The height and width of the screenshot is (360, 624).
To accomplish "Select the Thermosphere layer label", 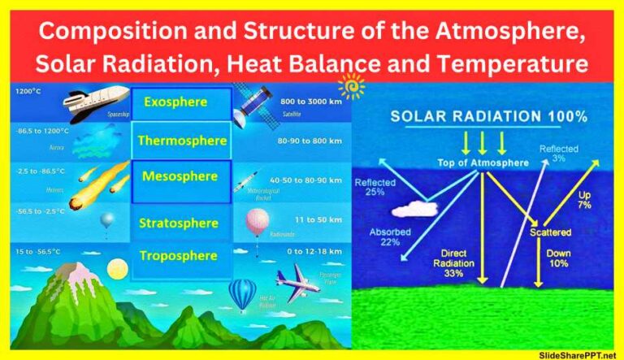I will pos(181,141).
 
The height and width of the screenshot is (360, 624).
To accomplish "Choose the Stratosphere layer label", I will pos(179,223).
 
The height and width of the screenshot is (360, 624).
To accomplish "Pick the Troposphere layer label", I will pos(178,256).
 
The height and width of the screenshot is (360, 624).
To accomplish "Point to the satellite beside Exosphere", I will pos(252,103).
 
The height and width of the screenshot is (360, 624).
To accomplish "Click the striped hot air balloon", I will pos(242,294).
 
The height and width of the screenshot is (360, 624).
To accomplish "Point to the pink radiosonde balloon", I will pos(258,223).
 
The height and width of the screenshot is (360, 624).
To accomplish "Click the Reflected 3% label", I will pos(558,153).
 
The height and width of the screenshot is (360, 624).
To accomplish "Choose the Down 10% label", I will pos(558,259).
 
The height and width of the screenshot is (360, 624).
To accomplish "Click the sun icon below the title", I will pos(352,85).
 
